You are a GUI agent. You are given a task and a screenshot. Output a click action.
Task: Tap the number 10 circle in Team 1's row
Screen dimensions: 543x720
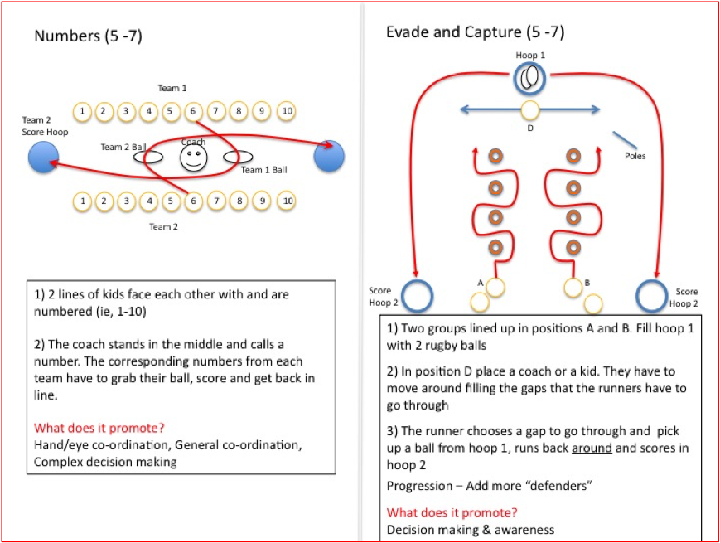click(x=287, y=111)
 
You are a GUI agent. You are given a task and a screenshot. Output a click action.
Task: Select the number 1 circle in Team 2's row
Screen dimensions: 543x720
click(x=81, y=201)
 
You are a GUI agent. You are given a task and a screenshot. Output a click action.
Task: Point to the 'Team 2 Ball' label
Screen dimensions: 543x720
click(x=123, y=147)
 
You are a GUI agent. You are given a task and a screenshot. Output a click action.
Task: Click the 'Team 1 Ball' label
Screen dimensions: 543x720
click(x=263, y=170)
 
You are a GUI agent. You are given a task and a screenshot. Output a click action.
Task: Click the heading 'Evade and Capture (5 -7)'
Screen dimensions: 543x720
click(x=475, y=32)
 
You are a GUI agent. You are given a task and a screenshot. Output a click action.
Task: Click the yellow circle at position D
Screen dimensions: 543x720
click(x=529, y=109)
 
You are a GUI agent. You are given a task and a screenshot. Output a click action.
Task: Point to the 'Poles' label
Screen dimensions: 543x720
click(x=635, y=156)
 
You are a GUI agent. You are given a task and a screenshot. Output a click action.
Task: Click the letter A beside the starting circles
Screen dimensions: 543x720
click(x=481, y=283)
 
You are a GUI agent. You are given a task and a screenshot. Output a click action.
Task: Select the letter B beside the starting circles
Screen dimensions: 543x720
click(x=587, y=283)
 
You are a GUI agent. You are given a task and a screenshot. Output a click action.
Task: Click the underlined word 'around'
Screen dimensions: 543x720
click(x=593, y=448)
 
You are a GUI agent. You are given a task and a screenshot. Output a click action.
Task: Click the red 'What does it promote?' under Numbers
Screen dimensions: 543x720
click(x=99, y=428)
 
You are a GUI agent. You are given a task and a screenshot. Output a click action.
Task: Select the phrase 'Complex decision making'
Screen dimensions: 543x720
click(x=105, y=462)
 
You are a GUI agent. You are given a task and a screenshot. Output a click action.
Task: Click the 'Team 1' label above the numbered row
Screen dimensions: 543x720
click(x=172, y=88)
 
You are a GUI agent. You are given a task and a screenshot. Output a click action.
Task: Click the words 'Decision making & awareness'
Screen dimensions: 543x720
click(x=470, y=529)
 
